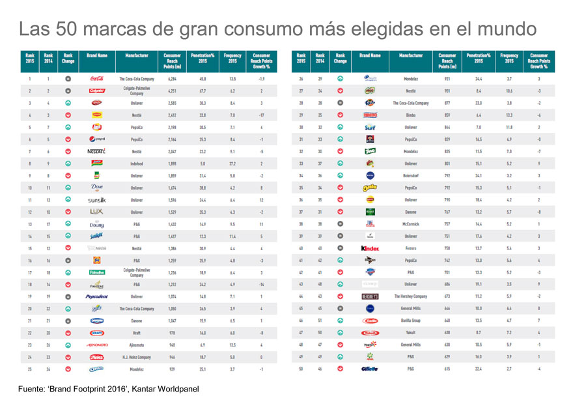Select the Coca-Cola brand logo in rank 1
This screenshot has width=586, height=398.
click(96, 78)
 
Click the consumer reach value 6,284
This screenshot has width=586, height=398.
click(172, 78)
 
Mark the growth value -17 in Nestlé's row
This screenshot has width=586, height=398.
click(261, 115)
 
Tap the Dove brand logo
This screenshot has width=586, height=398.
click(96, 188)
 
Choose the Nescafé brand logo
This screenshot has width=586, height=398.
click(96, 151)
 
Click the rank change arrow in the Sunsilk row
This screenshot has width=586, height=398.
click(68, 199)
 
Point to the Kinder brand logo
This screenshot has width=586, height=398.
click(370, 248)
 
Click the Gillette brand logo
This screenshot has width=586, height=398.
click(370, 369)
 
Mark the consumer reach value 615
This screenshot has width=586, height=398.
click(447, 369)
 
